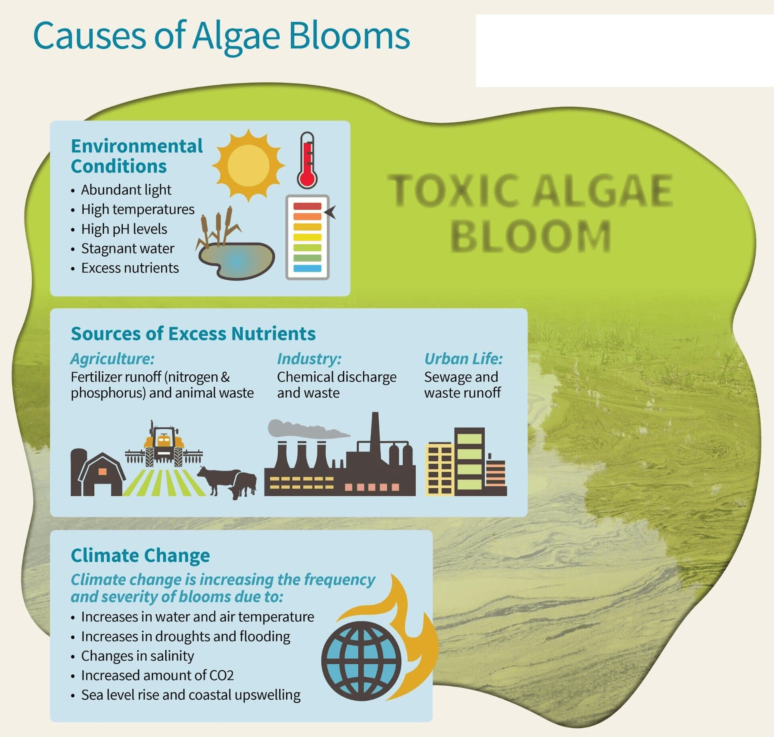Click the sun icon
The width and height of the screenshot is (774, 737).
pos(248,165)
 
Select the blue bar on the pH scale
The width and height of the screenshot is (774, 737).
pos(307,268)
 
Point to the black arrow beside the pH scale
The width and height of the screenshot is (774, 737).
pos(330,212)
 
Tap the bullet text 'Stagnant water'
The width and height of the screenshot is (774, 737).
pos(128,249)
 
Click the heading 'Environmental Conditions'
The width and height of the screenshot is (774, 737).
pos(136,156)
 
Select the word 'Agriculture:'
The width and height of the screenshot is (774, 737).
pos(112,359)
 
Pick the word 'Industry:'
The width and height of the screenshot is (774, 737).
pos(309,359)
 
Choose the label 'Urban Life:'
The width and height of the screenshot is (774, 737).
pos(463,359)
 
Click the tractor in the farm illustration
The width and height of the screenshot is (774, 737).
pos(164,445)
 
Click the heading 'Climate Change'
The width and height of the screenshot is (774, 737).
pos(140,556)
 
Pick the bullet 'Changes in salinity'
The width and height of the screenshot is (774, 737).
pos(137,656)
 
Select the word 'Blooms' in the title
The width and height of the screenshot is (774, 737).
pos(349,36)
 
